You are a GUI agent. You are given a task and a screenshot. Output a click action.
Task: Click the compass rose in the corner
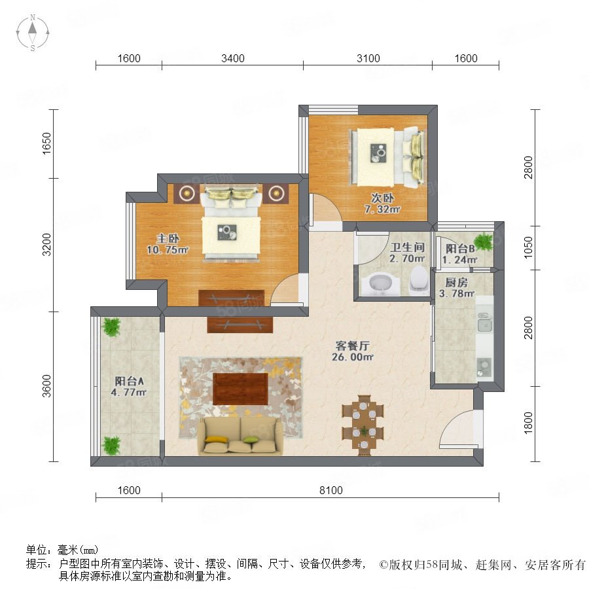[x=33, y=33]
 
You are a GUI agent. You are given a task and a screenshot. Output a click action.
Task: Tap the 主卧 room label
[x=168, y=238]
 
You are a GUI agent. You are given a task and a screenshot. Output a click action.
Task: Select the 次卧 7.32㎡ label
[x=382, y=204]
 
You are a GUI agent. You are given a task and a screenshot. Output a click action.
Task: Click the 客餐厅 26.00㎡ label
[x=352, y=351]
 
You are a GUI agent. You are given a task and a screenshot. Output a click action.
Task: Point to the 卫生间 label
[x=408, y=247]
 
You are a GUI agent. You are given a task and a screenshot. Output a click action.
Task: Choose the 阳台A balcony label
[x=129, y=382]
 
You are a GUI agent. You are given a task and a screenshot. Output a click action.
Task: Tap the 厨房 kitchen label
[x=456, y=282]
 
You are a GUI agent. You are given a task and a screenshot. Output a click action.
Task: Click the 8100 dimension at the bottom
[x=331, y=490]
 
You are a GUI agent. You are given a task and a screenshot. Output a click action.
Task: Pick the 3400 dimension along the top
[x=233, y=58]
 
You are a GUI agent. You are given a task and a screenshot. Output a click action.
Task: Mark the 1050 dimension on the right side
[x=528, y=247]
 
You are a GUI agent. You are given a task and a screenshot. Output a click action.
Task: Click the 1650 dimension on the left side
[x=46, y=143]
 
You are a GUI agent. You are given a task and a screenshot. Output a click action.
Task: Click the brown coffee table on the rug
[x=240, y=389]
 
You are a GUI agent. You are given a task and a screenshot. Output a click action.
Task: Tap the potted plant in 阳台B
[x=484, y=241]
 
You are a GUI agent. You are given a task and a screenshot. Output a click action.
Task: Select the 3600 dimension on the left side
[x=46, y=385]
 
